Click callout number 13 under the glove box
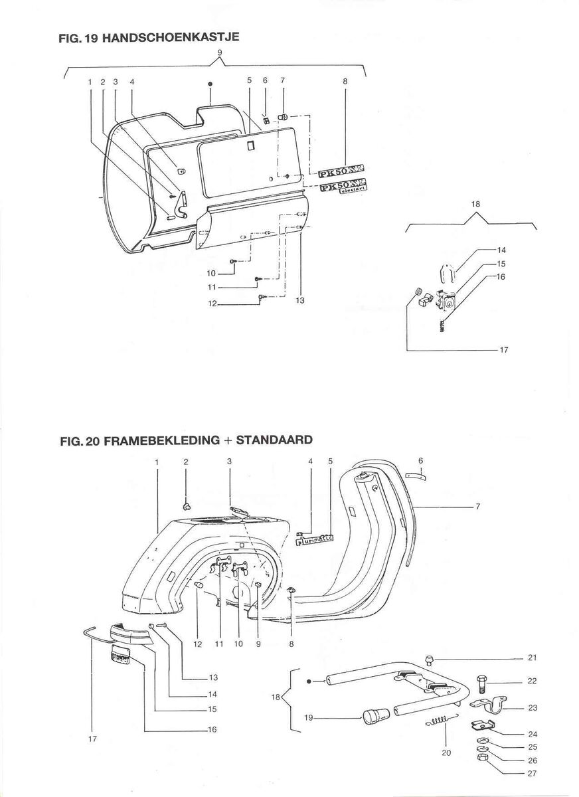tap(300, 300)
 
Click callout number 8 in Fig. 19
tap(345, 81)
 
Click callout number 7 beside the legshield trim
tap(477, 507)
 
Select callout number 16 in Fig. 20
tap(212, 729)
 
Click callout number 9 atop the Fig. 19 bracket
tap(220, 54)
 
